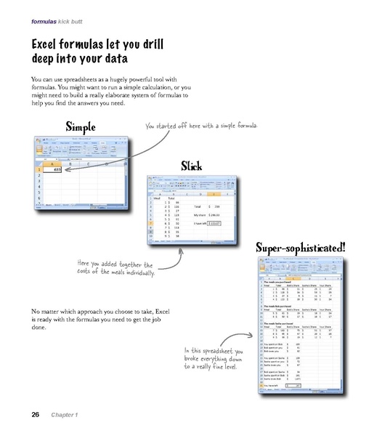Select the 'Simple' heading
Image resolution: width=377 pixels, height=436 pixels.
pyautogui.click(x=86, y=126)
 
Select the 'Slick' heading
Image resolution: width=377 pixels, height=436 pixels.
pyautogui.click(x=191, y=166)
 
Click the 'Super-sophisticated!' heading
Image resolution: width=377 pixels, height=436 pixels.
pyautogui.click(x=300, y=249)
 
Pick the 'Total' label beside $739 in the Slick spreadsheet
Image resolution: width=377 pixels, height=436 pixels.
pyautogui.click(x=197, y=208)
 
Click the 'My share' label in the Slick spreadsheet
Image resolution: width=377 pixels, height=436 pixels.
pyautogui.click(x=199, y=216)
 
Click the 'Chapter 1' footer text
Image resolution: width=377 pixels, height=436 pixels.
pyautogui.click(x=64, y=415)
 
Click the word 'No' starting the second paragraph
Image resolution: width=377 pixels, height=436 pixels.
pyautogui.click(x=36, y=311)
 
